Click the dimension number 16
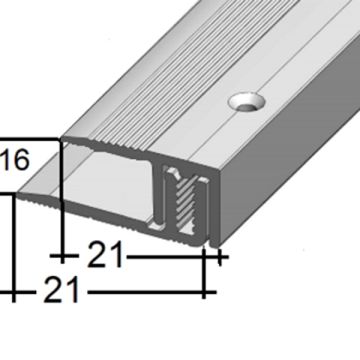coord(15,160)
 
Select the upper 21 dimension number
coord(105,255)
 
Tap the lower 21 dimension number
coord(62,290)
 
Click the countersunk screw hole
coord(247,102)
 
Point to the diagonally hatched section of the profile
coord(184,203)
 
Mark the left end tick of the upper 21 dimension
coord(62,256)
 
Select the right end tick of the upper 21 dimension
coord(219,257)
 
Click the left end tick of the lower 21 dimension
coord(13,293)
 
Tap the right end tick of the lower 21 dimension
coord(204,293)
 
